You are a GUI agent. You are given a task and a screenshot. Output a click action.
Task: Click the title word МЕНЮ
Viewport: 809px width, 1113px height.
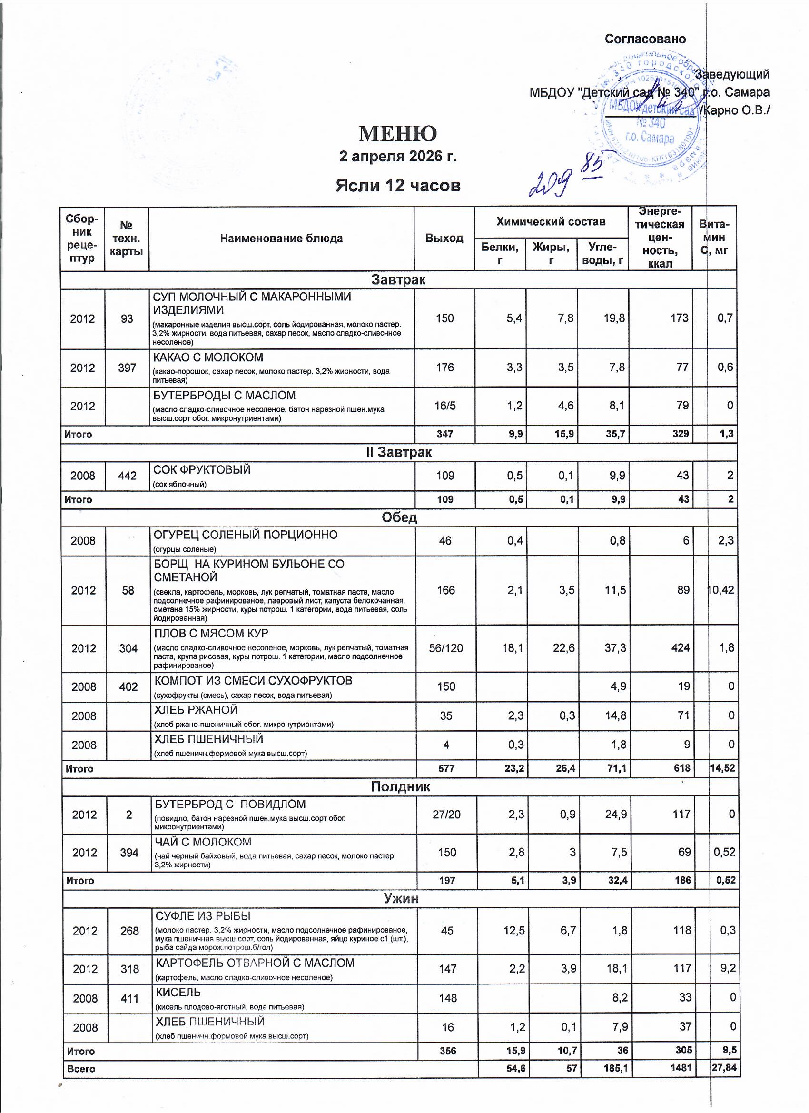point(397,133)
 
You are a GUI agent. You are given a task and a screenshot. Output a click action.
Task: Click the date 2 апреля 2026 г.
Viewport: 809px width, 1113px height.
point(398,157)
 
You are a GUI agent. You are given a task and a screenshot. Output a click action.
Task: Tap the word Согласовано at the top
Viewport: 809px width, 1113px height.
point(645,39)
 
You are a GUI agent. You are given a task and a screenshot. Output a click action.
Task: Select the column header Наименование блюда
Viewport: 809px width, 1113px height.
point(281,239)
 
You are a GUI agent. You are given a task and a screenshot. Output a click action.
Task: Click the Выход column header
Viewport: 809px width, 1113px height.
point(444,238)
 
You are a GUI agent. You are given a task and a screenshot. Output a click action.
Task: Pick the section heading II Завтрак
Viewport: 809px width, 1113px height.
point(399,452)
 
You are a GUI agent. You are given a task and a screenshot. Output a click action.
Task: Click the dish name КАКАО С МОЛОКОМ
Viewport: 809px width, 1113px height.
point(208,357)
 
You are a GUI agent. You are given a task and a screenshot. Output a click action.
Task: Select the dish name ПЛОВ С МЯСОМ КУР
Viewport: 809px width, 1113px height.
point(211,633)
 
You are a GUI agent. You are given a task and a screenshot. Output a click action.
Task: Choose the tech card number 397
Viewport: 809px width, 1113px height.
point(127,368)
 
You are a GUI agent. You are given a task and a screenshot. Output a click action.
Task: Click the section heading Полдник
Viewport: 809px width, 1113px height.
point(400,786)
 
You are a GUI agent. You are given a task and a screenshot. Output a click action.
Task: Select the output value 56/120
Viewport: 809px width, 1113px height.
point(446,648)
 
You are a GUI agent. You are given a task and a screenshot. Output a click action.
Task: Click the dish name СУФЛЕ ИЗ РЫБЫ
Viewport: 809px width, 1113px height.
point(203,916)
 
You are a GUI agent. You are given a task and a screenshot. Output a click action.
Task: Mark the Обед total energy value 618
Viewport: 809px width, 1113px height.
point(680,768)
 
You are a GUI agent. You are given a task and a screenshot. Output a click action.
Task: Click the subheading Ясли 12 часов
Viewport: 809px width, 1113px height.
point(398,186)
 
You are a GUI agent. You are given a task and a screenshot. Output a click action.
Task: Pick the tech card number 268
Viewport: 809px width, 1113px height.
point(129,931)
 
